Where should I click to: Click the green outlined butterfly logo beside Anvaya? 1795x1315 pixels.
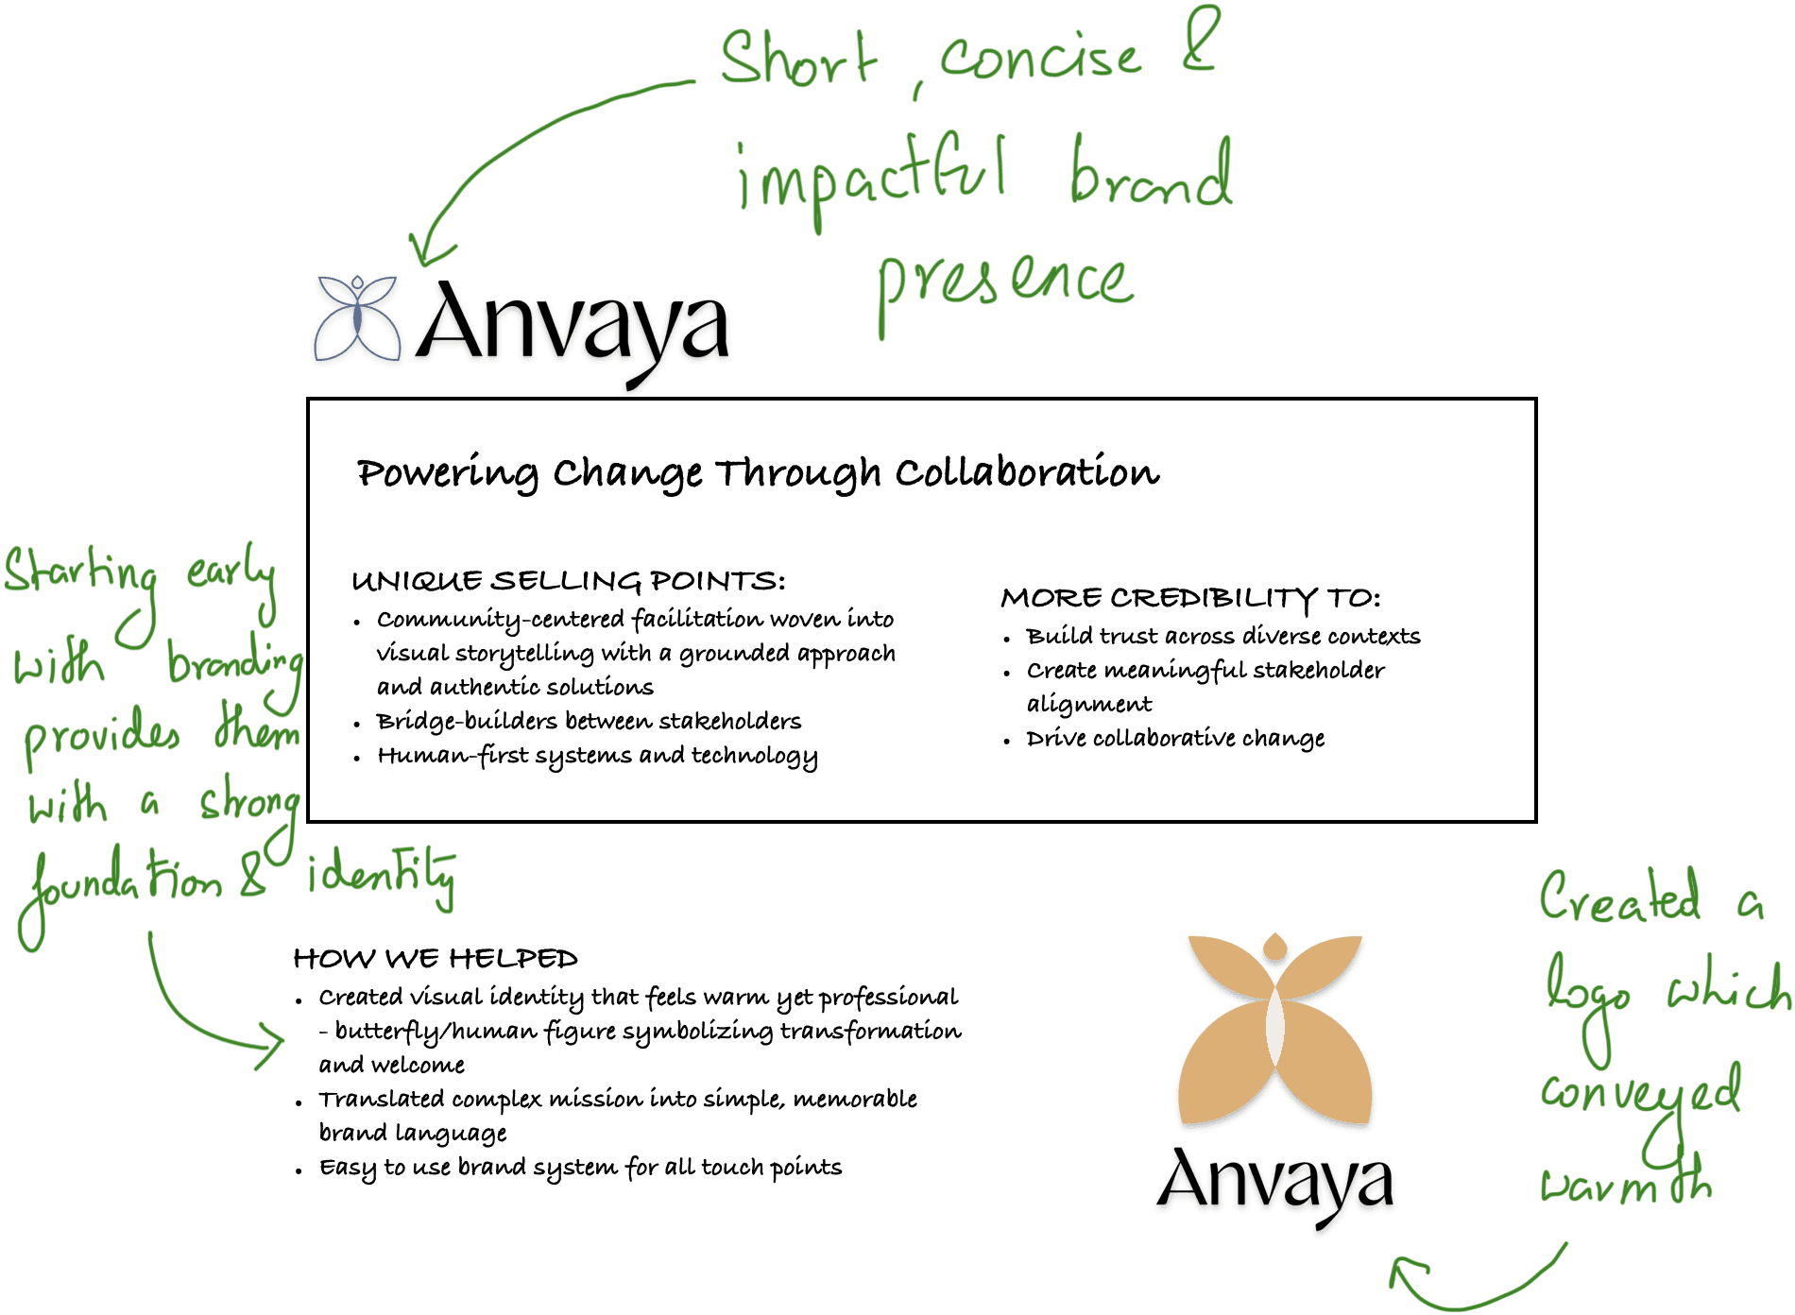(x=357, y=320)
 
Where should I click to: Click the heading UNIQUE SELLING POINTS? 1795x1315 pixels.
(x=568, y=581)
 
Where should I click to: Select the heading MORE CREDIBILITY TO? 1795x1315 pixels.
(x=1190, y=598)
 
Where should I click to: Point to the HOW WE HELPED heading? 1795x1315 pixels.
(x=436, y=959)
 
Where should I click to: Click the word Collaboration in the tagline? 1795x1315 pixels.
(x=1027, y=472)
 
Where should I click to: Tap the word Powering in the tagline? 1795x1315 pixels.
(x=447, y=472)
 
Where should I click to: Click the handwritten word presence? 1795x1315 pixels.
(x=1004, y=283)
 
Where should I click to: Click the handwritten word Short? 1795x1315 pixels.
(x=798, y=59)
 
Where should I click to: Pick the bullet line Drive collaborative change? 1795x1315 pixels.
(x=1175, y=738)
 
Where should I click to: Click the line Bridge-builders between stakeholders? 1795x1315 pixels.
(x=589, y=722)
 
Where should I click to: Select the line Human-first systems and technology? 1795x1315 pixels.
(x=597, y=756)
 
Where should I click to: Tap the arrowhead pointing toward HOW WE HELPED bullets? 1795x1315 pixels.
(x=272, y=1047)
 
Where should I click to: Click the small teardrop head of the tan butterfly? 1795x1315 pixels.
(x=1274, y=947)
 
